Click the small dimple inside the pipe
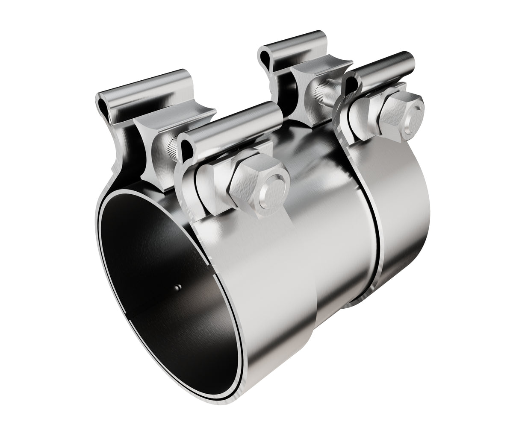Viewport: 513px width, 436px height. tap(178, 289)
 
